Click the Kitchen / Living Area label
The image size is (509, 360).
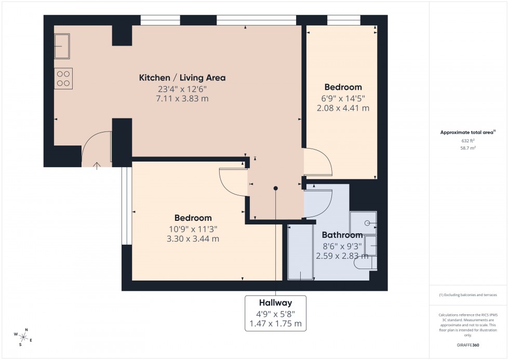coord(182,78)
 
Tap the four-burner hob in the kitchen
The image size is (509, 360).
coord(63,78)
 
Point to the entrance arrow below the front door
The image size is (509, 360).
coord(97,166)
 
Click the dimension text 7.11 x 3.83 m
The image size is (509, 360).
coord(182,99)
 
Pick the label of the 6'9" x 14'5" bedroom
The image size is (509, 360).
coord(343,87)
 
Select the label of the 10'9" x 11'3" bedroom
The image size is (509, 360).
coord(193,218)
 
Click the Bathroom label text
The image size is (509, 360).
coord(342,235)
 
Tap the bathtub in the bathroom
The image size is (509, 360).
coord(301,252)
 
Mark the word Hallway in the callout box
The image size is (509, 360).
coord(275,303)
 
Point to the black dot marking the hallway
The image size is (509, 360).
coord(276,189)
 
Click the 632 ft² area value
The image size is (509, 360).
coord(468,141)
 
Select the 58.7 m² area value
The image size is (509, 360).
coord(468,148)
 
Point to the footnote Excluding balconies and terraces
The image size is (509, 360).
coord(468,295)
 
